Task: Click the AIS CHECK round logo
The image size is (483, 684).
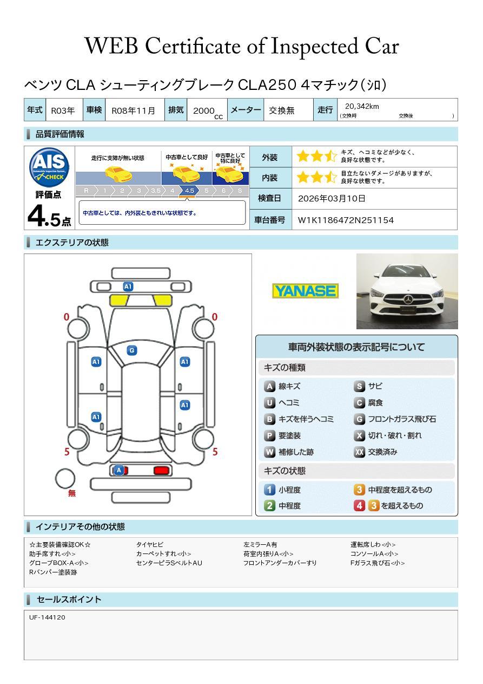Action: [49, 167]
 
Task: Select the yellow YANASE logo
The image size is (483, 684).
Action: [305, 291]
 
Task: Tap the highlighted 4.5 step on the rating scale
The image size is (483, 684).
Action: [189, 191]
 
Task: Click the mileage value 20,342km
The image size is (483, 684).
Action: [362, 106]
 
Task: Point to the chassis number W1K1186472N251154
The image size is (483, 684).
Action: [346, 220]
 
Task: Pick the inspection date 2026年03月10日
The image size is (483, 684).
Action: [332, 198]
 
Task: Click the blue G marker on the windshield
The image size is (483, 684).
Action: [132, 350]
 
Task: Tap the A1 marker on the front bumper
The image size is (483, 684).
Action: [128, 286]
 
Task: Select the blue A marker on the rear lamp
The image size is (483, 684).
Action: [119, 470]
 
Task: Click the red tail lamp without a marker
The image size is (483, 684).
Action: [161, 471]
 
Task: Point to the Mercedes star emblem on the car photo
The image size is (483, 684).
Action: [408, 300]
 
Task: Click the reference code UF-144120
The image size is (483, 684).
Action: [47, 617]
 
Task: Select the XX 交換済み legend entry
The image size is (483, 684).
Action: [375, 452]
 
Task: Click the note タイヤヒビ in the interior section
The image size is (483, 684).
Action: [150, 544]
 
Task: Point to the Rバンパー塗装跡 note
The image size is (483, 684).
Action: [53, 572]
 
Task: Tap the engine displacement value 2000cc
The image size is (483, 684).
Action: [208, 112]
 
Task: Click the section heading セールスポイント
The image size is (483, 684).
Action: [69, 599]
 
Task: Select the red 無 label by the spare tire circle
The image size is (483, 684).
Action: [72, 493]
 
